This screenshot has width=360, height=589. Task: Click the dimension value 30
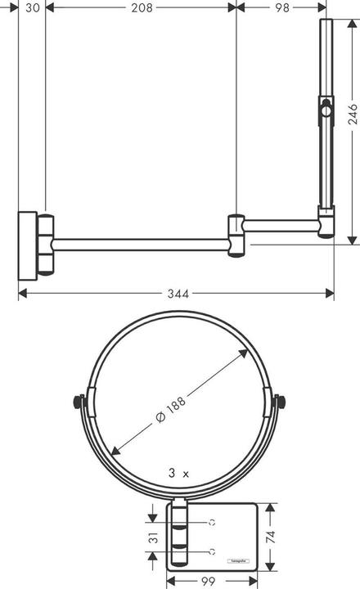point(32,7)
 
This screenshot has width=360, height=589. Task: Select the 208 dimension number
point(140,7)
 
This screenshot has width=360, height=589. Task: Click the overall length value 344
point(176,292)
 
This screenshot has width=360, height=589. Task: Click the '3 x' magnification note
point(178,474)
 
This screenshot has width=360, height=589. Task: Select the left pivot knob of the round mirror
point(79,402)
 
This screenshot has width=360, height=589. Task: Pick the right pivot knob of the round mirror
point(281,402)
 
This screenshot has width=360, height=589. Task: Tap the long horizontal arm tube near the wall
point(139,244)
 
